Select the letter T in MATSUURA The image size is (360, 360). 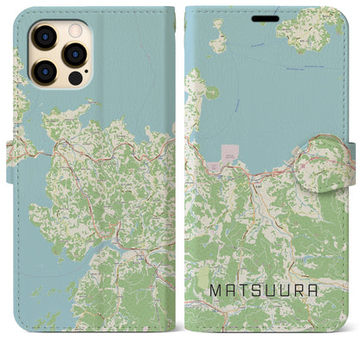pyautogui.click(x=245, y=292)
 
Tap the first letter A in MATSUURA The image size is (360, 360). pyautogui.click(x=230, y=292)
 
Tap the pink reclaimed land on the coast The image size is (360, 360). pyautogui.click(x=230, y=152)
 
